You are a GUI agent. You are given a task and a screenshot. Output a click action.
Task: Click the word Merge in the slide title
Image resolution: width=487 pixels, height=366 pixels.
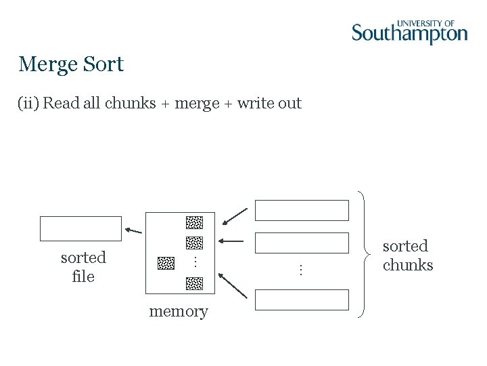coord(47,64)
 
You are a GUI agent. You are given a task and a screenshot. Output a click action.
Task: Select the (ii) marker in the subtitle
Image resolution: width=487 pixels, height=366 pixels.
coord(28,103)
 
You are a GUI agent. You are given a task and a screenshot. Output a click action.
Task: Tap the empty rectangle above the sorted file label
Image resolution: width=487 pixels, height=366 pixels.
coord(80,229)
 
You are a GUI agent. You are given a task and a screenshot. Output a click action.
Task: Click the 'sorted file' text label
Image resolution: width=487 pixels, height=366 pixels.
coord(83,266)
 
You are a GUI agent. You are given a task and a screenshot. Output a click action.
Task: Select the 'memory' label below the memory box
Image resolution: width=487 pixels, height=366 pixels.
coord(179,311)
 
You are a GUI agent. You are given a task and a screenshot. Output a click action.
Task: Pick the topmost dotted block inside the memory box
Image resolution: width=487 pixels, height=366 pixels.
coord(194,222)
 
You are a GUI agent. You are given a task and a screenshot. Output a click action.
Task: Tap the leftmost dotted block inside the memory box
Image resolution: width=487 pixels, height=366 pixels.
coord(166,263)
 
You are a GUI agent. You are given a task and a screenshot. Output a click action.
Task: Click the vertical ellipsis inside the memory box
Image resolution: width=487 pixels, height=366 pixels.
coord(194,262)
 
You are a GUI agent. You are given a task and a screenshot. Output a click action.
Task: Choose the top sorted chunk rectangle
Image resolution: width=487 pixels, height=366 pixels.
coord(302,210)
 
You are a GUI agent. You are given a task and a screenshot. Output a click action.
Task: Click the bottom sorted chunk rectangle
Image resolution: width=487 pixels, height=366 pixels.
coord(302,300)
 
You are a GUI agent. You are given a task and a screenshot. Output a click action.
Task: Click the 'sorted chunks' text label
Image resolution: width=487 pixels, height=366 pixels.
coord(407,256)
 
